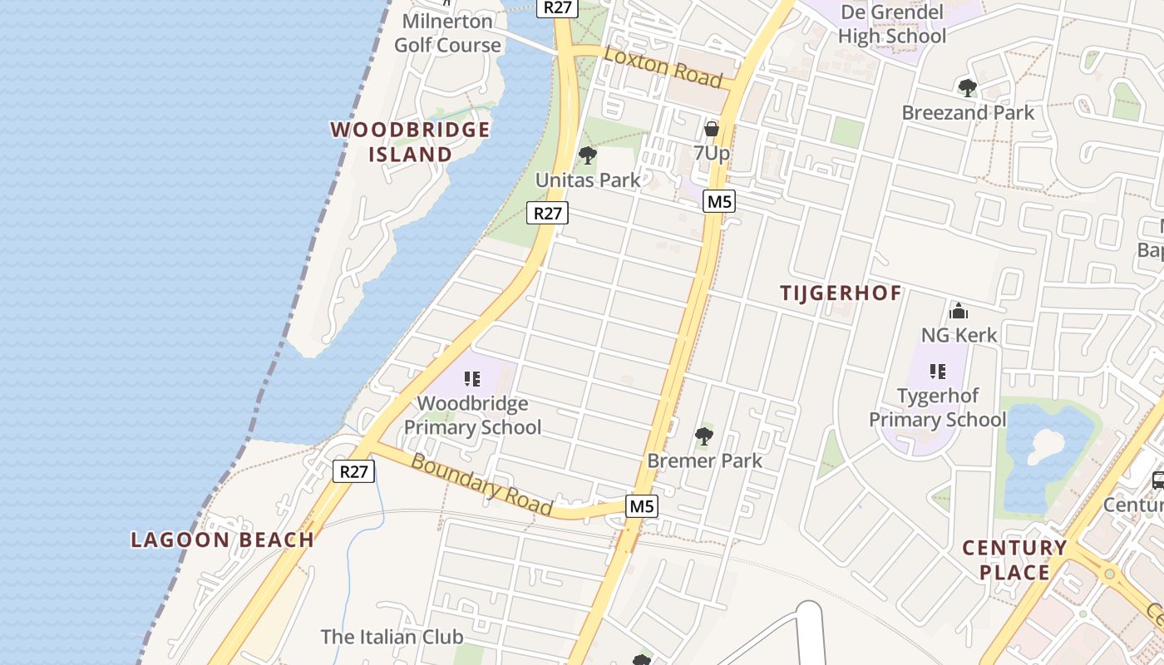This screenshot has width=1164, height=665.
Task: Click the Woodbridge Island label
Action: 410,142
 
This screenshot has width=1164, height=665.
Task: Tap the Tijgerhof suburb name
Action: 841,293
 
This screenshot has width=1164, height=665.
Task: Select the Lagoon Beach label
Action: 222,539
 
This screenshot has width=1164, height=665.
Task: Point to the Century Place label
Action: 1014,559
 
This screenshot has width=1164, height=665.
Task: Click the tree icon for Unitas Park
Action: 588,155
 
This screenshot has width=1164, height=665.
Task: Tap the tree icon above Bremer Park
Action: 704,436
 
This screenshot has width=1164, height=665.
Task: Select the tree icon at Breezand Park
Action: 967,88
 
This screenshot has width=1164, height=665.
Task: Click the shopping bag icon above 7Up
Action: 712,129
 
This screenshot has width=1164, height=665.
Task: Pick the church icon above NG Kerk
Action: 959,312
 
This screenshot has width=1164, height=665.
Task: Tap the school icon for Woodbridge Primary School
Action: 472,380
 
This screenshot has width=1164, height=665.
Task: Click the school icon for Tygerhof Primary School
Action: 938,372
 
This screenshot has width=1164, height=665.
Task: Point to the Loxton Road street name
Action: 663,66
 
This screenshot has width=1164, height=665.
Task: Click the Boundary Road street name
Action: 481,485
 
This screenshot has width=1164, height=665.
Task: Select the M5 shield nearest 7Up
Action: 718,201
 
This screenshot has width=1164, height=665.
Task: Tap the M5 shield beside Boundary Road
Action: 642,506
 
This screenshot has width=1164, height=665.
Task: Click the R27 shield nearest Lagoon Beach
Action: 354,472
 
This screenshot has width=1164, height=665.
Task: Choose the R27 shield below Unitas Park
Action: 547,213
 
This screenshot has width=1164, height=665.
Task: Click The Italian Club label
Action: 392,638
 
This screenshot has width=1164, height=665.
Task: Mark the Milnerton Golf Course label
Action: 447,33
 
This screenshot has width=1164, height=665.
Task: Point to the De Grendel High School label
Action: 892,24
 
